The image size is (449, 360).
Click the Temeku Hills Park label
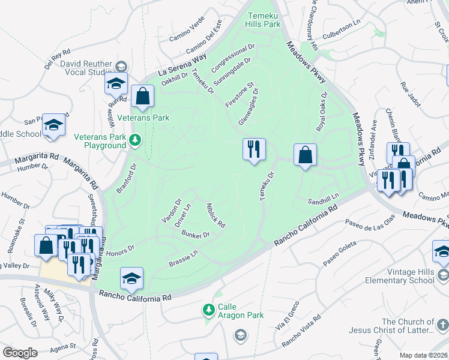click(x=262, y=20)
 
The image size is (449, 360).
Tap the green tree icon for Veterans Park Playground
click(x=136, y=140)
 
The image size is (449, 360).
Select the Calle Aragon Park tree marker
click(x=208, y=310)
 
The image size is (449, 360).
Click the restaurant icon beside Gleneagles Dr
click(x=253, y=148)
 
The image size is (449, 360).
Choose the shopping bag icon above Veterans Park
click(x=142, y=96)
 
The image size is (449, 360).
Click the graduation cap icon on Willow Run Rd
click(x=116, y=83)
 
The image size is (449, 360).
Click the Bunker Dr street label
click(x=195, y=235)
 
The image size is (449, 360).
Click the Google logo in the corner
click(x=20, y=353)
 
